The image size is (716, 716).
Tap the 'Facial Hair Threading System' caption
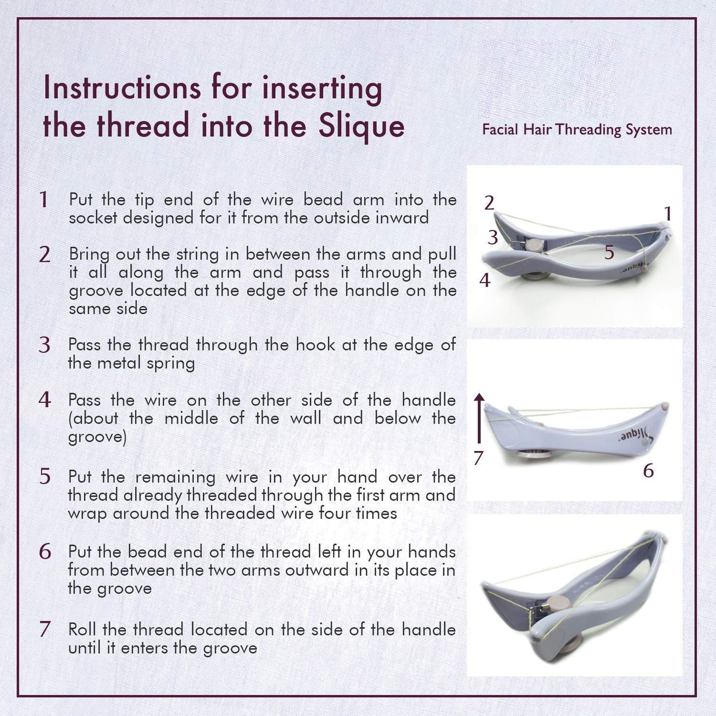click(x=577, y=130)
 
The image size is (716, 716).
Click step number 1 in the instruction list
click(x=44, y=200)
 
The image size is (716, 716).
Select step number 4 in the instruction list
click(x=45, y=400)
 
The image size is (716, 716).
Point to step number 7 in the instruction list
click(x=45, y=629)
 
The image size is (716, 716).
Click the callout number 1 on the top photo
click(x=667, y=214)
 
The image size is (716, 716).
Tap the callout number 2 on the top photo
click(x=489, y=203)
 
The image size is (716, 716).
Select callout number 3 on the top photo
click(x=492, y=238)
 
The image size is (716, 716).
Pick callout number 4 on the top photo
click(x=485, y=280)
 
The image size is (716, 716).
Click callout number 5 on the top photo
click(x=609, y=252)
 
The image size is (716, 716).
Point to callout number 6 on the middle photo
click(x=648, y=470)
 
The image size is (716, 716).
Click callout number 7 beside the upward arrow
click(x=478, y=458)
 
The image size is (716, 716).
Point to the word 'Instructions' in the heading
click(x=122, y=88)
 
